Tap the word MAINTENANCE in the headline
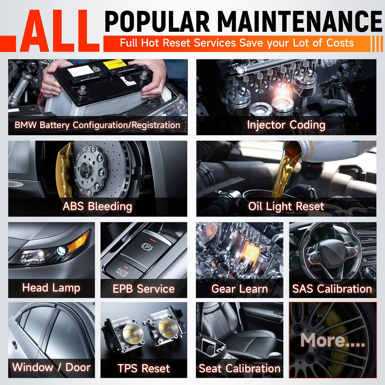[x=296, y=21]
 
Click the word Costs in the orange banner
[x=340, y=43]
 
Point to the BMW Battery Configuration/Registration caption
[x=97, y=125]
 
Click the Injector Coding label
[x=286, y=125]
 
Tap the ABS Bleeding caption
[x=97, y=206]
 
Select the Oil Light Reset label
[x=286, y=206]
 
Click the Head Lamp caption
[x=51, y=288]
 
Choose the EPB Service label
[x=144, y=289]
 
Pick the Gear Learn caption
[x=240, y=289]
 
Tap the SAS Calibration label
[x=332, y=289]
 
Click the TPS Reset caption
[x=144, y=368]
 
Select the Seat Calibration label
[x=240, y=368]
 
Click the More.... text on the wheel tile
[x=333, y=340]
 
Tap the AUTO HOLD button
[x=122, y=270]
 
